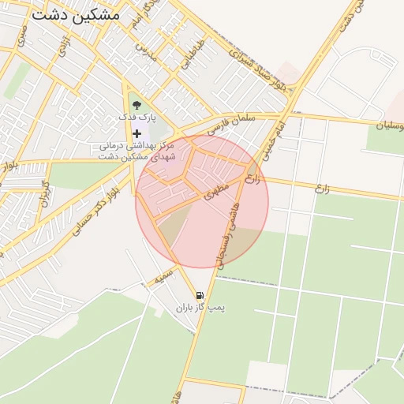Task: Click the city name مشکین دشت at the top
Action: pyautogui.click(x=76, y=14)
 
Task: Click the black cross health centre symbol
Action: pyautogui.click(x=137, y=133)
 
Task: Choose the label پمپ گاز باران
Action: pyautogui.click(x=200, y=308)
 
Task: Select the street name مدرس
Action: pyautogui.click(x=146, y=53)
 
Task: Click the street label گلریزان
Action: pyautogui.click(x=44, y=193)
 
